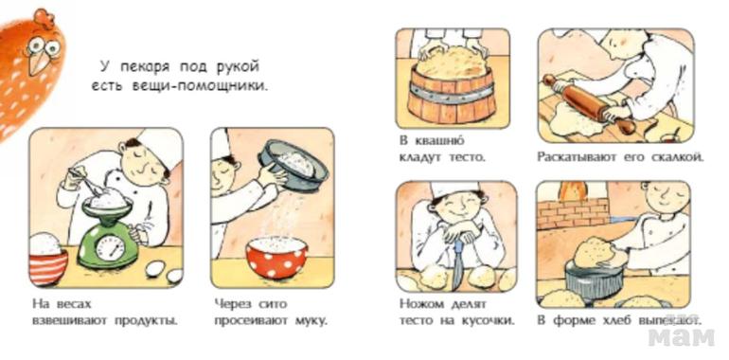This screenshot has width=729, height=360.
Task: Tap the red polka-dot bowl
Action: click(x=276, y=257)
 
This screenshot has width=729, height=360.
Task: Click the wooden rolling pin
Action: click(x=589, y=104)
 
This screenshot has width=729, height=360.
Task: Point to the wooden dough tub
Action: click(x=452, y=97)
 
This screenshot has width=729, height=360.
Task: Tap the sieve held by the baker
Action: click(x=293, y=165)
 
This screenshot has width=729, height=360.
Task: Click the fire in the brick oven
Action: click(x=573, y=190)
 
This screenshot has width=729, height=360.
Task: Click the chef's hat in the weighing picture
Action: click(x=158, y=146)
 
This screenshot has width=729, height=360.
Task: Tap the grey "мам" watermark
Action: click(x=681, y=335)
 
